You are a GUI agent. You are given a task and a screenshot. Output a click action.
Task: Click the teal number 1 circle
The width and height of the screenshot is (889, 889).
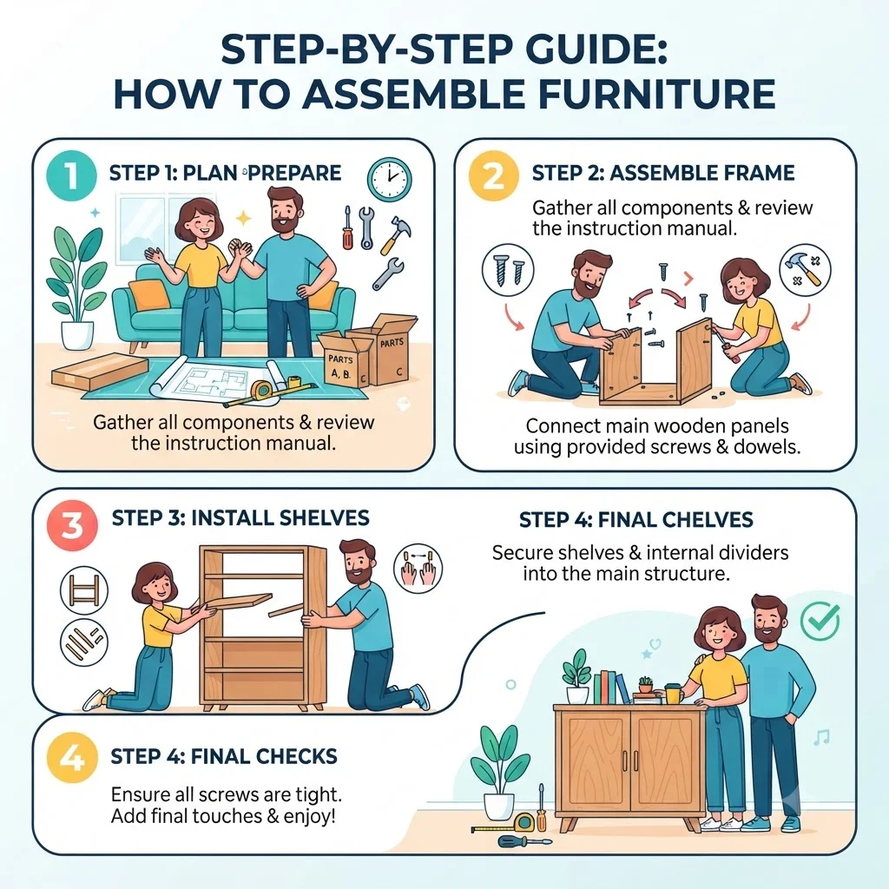point(71,175)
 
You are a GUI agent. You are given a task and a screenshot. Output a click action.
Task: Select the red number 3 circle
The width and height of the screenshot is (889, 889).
point(72,524)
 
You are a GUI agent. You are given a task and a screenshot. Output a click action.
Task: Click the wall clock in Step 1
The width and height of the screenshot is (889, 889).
point(390,179)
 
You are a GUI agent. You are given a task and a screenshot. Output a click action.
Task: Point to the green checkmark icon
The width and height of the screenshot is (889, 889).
point(820,620)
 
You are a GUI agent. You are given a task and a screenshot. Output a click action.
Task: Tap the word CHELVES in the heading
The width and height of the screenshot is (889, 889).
point(704,520)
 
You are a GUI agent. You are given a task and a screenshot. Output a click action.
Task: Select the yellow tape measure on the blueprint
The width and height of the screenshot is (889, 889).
point(262,389)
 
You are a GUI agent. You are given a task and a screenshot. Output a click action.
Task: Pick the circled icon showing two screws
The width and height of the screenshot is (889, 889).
point(507,269)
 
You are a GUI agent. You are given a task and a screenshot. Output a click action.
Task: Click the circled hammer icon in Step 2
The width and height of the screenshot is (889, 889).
point(805,269)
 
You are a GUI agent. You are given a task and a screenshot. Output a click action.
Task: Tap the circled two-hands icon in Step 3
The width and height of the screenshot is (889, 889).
point(418,568)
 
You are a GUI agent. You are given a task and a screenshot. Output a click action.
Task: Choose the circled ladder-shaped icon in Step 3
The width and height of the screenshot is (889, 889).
point(84,590)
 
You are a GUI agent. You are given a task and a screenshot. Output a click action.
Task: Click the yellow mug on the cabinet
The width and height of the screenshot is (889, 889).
point(674,693)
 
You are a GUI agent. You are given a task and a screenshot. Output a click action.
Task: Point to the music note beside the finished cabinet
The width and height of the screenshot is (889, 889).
point(821,737)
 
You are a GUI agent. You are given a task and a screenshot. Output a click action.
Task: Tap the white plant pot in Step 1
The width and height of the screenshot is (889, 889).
point(77,336)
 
